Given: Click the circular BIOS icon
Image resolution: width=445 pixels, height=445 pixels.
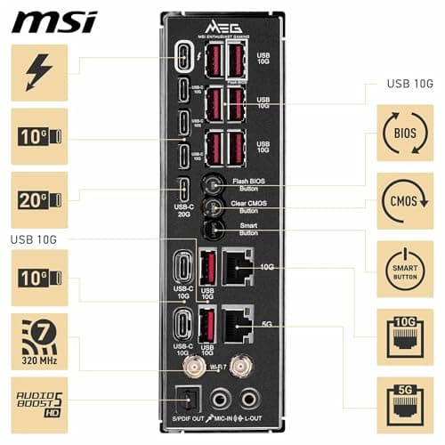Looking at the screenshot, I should [x=405, y=133].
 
